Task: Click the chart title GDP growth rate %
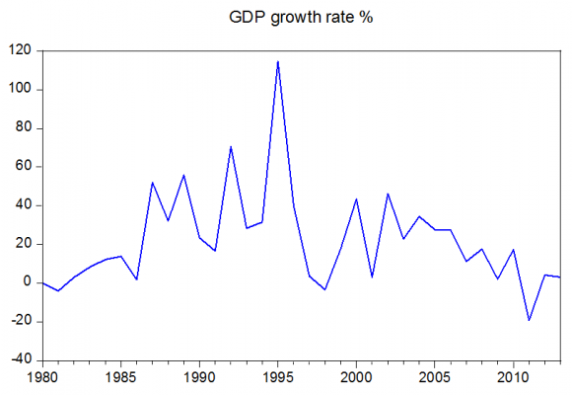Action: (x=287, y=17)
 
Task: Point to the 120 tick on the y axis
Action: (x=22, y=50)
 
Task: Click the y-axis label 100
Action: (x=22, y=89)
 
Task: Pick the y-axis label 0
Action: (x=29, y=282)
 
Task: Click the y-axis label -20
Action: (x=22, y=321)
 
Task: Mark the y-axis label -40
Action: (x=22, y=359)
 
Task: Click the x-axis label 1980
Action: (x=41, y=377)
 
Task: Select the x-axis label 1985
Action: (x=120, y=377)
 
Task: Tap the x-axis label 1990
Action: (x=199, y=377)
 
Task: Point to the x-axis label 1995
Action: (x=277, y=377)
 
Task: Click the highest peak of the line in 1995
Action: (x=277, y=61)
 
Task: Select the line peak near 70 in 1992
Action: (x=231, y=146)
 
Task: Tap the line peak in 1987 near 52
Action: (x=152, y=182)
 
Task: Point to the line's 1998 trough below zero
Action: (x=324, y=289)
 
